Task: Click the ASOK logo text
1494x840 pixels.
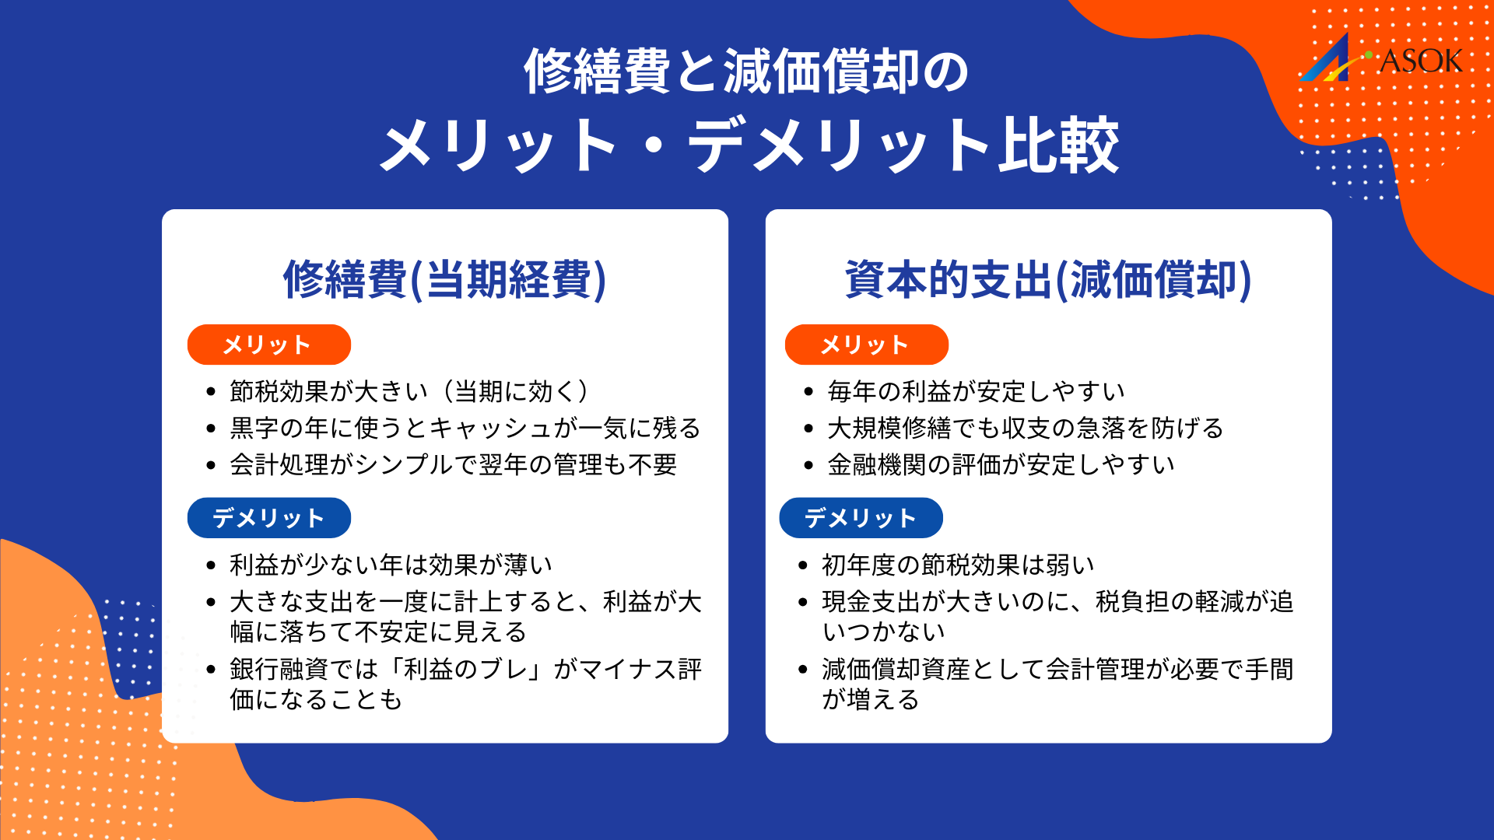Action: [1420, 61]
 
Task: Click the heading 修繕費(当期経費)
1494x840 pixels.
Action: [444, 279]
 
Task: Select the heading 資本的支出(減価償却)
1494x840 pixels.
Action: [1048, 279]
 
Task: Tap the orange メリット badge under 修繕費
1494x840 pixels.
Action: [268, 345]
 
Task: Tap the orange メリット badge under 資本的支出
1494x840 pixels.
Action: [866, 345]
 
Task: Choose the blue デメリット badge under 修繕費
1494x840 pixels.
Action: [268, 518]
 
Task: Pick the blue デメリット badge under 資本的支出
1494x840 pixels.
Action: [861, 518]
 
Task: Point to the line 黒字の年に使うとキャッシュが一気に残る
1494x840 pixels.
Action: [465, 428]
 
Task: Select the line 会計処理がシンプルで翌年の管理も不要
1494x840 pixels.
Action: [453, 464]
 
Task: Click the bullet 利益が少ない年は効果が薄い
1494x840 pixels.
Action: [391, 565]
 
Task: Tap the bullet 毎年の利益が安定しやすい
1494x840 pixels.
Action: [976, 391]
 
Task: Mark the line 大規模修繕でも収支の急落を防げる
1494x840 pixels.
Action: [1025, 428]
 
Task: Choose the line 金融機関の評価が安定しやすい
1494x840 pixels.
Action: [1001, 464]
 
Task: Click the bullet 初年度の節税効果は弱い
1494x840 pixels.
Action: [958, 565]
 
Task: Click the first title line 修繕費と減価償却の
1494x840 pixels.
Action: [746, 72]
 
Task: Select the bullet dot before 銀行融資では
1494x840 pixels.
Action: [211, 670]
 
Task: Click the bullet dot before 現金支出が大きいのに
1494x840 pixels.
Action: [803, 602]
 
